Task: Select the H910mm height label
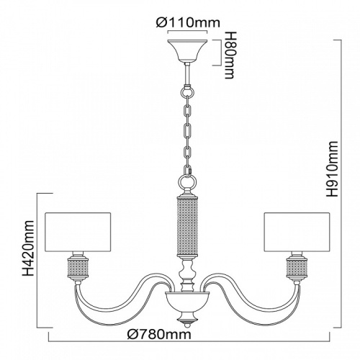point(332,170)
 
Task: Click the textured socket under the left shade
point(78,268)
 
